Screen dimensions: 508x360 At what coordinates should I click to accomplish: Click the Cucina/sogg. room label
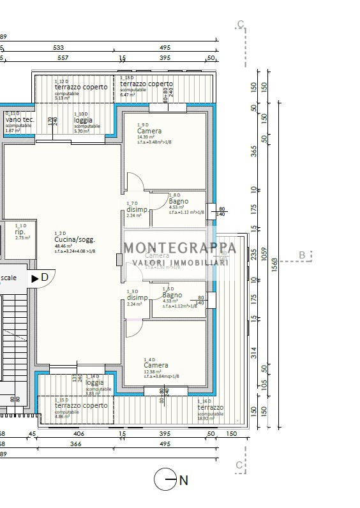tap(75, 240)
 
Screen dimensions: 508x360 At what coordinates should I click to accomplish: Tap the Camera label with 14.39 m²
tap(149, 131)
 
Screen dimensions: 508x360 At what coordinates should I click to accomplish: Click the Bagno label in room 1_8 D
tap(179, 201)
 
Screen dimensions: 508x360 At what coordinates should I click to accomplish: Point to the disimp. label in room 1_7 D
tap(137, 209)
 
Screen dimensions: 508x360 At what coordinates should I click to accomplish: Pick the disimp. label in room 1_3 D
tap(137, 297)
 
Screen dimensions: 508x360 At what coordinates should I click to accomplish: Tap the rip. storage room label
tap(20, 232)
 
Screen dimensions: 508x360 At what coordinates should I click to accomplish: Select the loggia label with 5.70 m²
tap(83, 120)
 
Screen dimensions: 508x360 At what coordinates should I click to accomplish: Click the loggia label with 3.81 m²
tap(94, 383)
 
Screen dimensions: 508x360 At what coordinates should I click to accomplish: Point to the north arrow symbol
tap(165, 480)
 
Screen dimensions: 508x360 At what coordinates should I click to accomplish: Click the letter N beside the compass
tap(184, 481)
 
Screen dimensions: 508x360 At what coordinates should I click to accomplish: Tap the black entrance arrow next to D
tap(35, 278)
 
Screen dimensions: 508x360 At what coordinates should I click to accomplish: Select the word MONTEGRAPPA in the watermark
tap(179, 248)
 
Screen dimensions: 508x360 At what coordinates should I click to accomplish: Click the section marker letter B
tap(302, 256)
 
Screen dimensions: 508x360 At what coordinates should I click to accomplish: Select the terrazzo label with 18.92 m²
tap(210, 407)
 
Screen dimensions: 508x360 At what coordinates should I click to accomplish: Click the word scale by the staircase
tap(9, 278)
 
